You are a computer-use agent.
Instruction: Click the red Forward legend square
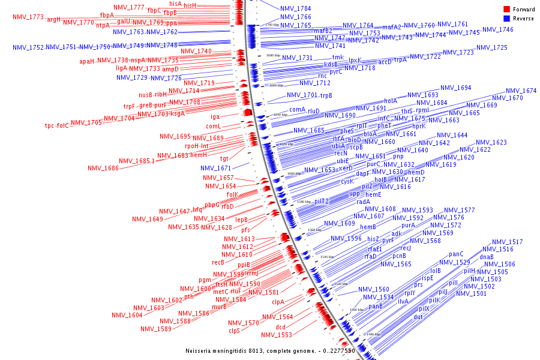(506, 9)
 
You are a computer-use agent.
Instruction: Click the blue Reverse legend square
(506, 18)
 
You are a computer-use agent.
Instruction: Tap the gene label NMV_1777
(128, 7)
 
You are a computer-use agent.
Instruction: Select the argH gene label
(53, 20)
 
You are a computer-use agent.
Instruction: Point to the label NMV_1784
(295, 9)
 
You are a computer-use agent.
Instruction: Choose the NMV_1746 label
(497, 29)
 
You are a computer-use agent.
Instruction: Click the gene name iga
(215, 116)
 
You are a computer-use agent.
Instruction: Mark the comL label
(214, 127)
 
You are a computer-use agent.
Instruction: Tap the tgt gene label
(224, 159)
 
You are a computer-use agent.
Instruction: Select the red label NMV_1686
(103, 169)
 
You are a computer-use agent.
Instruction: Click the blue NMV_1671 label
(215, 169)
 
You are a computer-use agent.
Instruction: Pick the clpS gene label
(234, 331)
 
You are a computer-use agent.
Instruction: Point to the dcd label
(281, 326)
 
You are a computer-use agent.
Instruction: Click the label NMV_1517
(507, 242)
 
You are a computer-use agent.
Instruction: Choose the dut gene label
(418, 316)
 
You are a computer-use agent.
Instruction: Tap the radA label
(363, 202)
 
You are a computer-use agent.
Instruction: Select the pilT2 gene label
(321, 202)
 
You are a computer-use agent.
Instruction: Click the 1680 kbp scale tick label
(273, 55)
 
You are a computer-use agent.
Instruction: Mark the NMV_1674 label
(521, 91)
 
